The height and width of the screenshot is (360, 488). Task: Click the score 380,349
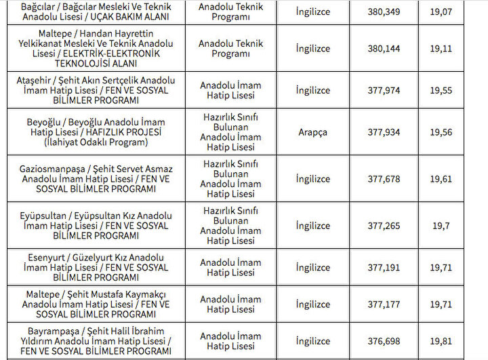pos(384,12)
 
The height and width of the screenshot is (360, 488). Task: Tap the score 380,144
pos(384,48)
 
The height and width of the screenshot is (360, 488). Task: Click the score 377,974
pos(384,90)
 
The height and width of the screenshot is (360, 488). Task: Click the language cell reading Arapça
pos(312,132)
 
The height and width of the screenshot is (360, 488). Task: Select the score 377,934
pos(384,132)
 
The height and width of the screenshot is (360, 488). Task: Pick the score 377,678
pos(384,179)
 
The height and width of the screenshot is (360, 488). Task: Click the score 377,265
pos(384,226)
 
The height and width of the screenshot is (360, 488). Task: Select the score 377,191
pos(384,268)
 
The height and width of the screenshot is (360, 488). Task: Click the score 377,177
pos(384,304)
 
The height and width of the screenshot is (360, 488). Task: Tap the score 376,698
pos(384,341)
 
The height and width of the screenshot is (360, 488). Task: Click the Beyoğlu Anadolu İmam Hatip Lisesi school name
pos(95,132)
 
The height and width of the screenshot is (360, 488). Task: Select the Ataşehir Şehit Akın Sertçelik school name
pos(95,90)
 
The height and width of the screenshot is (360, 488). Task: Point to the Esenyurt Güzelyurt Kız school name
pos(95,268)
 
